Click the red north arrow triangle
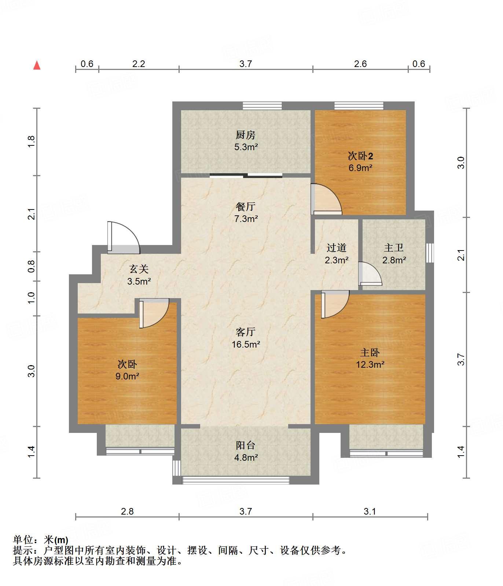(37, 66)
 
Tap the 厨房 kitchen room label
(246, 135)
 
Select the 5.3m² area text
(246, 147)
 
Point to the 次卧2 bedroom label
(360, 156)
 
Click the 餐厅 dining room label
(246, 207)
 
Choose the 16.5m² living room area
(246, 344)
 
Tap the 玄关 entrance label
(139, 270)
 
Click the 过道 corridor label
(337, 248)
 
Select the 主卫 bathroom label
(394, 248)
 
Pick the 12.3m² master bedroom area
(370, 365)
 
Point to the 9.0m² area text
(127, 377)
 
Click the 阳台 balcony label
(246, 445)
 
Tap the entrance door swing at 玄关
(124, 237)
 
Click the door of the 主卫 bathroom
(370, 274)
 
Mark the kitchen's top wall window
(262, 105)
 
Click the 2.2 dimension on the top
(139, 64)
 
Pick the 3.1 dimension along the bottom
(370, 511)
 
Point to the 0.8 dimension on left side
(32, 266)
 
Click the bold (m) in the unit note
(61, 540)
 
